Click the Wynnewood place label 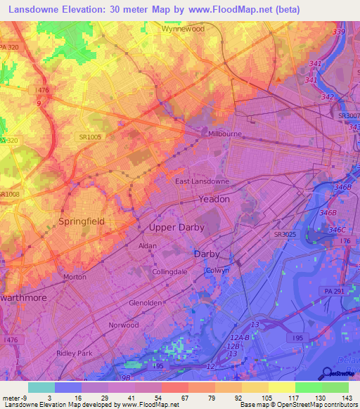click(183, 30)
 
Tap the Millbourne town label click(224, 132)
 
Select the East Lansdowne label click(202, 181)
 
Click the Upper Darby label click(176, 228)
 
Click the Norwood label click(124, 325)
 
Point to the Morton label click(75, 277)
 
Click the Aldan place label click(148, 246)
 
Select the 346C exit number click(337, 230)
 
